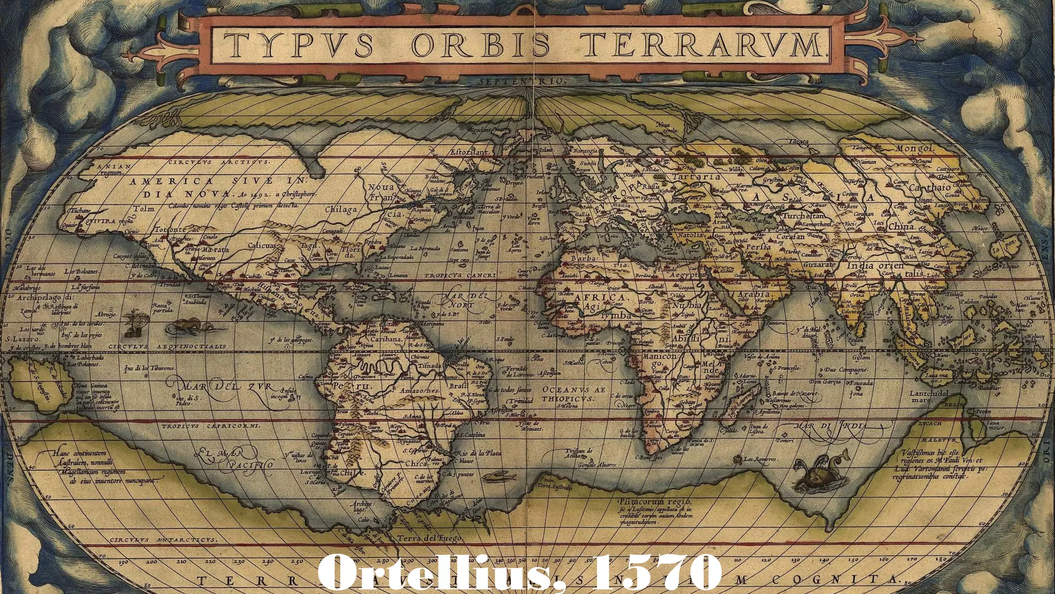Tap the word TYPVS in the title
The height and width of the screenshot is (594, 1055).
(300, 44)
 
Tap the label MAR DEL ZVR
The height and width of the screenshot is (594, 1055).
(227, 386)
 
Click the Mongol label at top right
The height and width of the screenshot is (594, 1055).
(915, 148)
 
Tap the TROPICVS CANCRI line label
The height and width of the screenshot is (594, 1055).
(460, 276)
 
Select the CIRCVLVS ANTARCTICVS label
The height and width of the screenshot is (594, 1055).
(163, 539)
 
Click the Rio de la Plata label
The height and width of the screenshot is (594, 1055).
(479, 453)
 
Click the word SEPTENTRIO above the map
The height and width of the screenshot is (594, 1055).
(522, 81)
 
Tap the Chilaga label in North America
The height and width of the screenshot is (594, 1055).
(341, 209)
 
